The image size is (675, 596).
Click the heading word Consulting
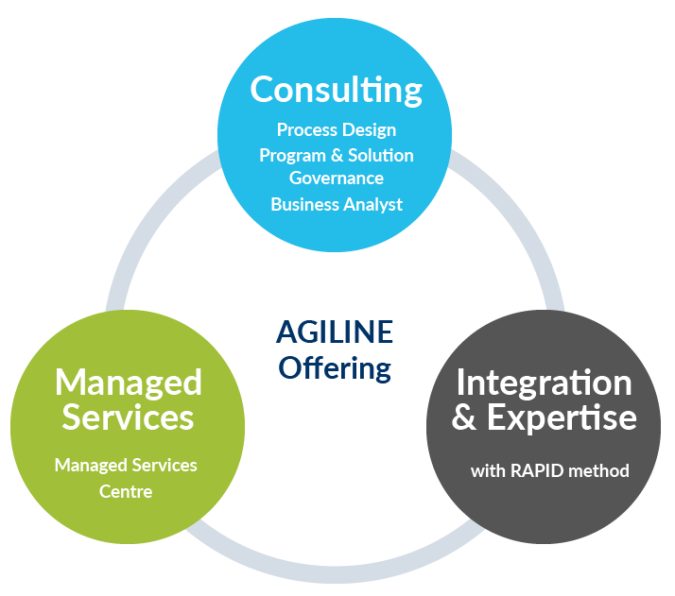[336, 90]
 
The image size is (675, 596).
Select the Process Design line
[336, 129]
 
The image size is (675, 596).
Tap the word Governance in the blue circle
[337, 178]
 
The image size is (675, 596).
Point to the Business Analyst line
[337, 204]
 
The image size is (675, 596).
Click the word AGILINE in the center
[335, 332]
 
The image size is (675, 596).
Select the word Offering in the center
[335, 367]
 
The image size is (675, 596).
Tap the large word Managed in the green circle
[129, 383]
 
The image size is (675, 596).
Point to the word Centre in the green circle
[126, 491]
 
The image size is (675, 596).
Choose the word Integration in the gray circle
[544, 383]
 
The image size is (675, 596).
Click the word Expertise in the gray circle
[562, 417]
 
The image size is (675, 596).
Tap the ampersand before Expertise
[463, 417]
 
